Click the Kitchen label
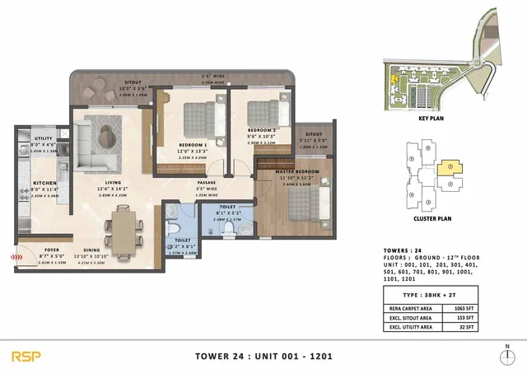tap(44, 183)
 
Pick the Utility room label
tap(43, 140)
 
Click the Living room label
tap(103, 184)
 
